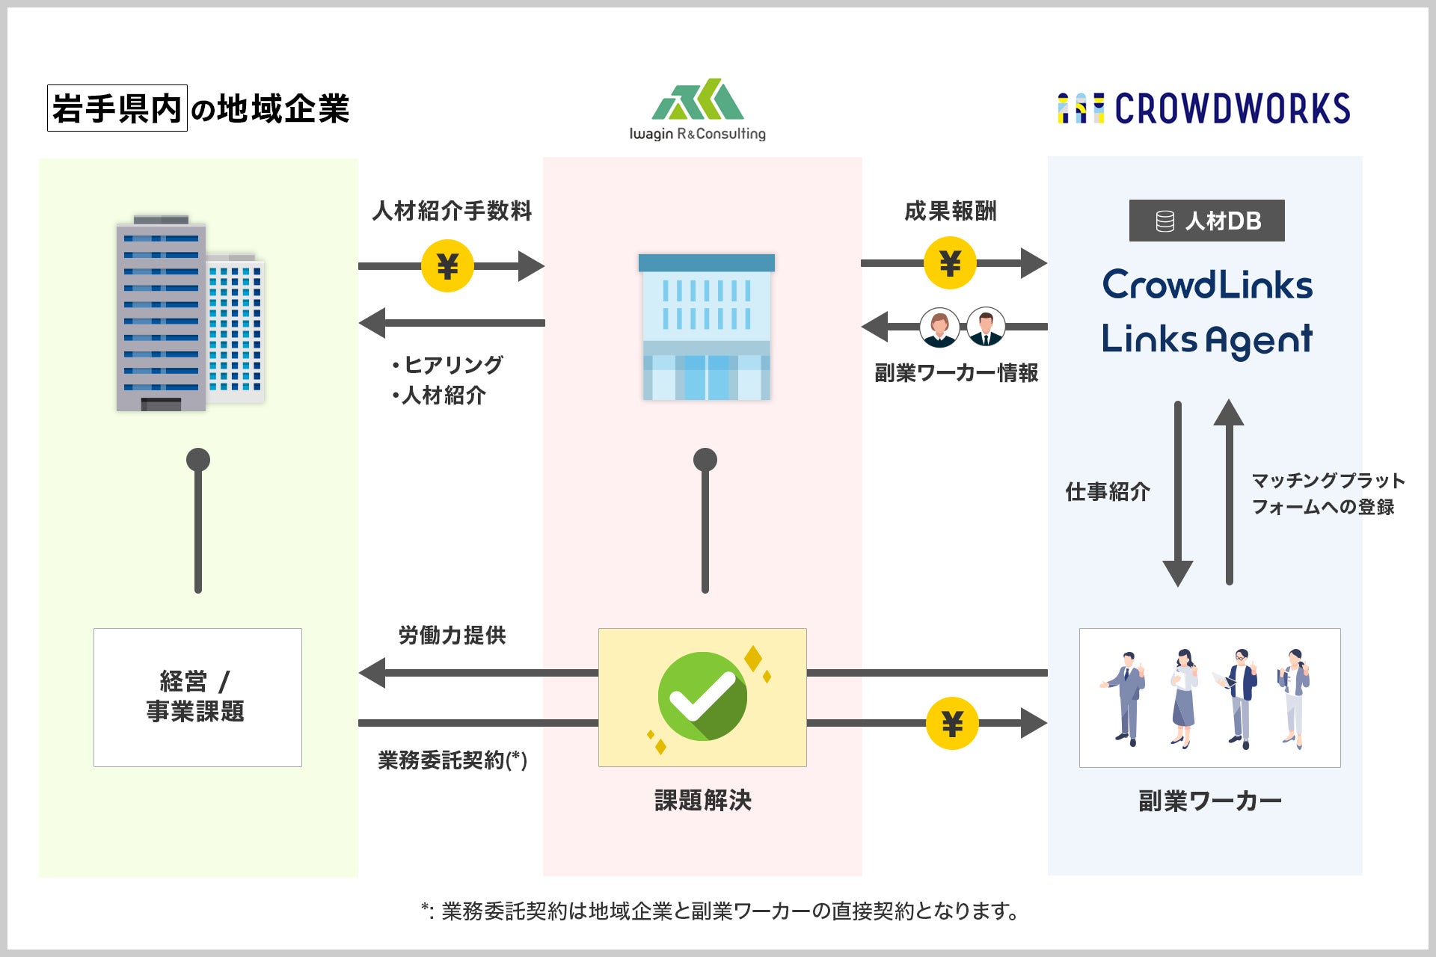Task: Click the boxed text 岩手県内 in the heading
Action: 117,108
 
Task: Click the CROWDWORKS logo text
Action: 1232,108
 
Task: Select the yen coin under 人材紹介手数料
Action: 447,265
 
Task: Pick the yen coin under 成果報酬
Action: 950,263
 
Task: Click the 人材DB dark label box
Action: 1206,221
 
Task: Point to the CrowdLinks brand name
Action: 1207,285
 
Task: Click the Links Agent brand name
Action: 1207,339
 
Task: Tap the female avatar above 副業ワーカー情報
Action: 939,327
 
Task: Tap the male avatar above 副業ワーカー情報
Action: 986,327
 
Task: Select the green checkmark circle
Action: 702,696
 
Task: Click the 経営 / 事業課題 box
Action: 197,697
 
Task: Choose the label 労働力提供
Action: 452,636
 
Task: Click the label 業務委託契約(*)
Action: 452,760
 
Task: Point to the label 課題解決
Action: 702,801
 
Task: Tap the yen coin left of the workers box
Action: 951,723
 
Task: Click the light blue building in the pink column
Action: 706,327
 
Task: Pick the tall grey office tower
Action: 161,314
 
